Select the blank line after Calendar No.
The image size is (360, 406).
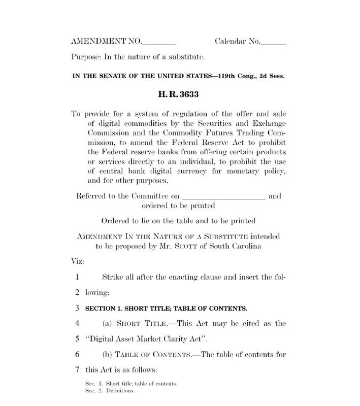click(x=273, y=43)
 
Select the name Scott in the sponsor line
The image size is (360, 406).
click(x=199, y=246)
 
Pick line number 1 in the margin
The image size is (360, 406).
click(x=77, y=278)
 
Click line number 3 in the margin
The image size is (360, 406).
click(x=77, y=308)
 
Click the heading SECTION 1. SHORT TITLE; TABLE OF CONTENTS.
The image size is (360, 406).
click(x=166, y=308)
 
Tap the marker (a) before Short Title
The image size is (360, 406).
click(x=108, y=323)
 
